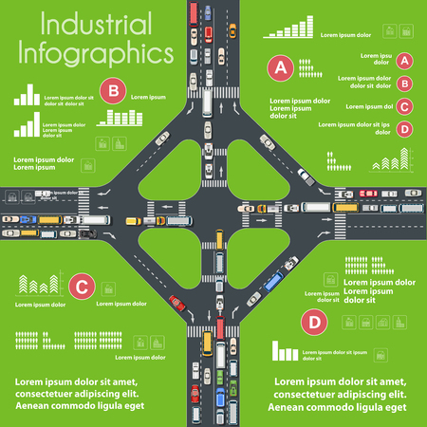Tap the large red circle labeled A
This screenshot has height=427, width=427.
coord(279,67)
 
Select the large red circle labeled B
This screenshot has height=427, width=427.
coord(114,91)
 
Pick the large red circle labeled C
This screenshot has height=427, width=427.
coord(83,284)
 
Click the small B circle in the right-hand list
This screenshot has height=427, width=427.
coord(404,84)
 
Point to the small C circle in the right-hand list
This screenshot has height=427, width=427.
coord(404,107)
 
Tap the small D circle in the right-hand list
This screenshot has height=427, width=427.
coord(404,130)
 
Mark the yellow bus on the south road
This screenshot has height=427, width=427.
coord(220,260)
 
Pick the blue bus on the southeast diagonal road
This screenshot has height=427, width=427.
coord(273,281)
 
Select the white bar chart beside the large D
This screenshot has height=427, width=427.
coord(285,353)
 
